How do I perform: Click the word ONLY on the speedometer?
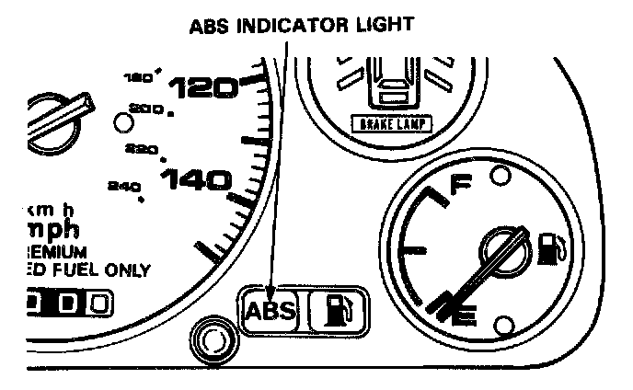pos(127,270)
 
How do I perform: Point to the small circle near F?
pos(501,175)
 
